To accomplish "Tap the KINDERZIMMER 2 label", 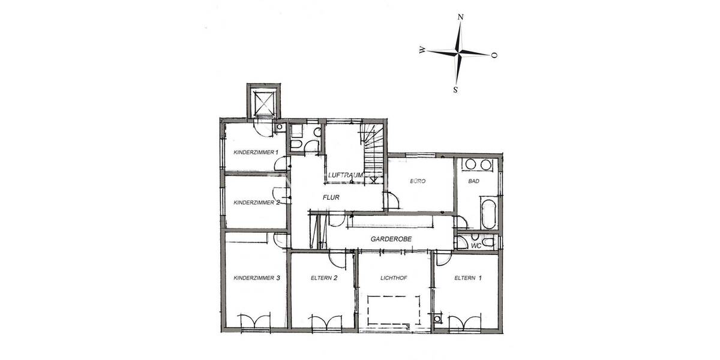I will pyautogui.click(x=256, y=203).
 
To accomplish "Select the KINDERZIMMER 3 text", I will pyautogui.click(x=256, y=278).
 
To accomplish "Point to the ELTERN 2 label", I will pyautogui.click(x=325, y=278).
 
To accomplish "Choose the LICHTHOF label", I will pyautogui.click(x=394, y=278).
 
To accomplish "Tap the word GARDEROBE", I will pyautogui.click(x=391, y=238).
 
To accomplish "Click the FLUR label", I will pyautogui.click(x=331, y=197).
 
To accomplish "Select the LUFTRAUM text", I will pyautogui.click(x=346, y=175).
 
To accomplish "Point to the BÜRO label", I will pyautogui.click(x=418, y=180).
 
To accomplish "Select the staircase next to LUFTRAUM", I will pyautogui.click(x=373, y=153).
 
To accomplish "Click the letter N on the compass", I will pyautogui.click(x=460, y=17).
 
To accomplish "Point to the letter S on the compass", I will pyautogui.click(x=455, y=90).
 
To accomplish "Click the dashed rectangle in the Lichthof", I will pyautogui.click(x=394, y=311).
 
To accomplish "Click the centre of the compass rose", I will pyautogui.click(x=458, y=53).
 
